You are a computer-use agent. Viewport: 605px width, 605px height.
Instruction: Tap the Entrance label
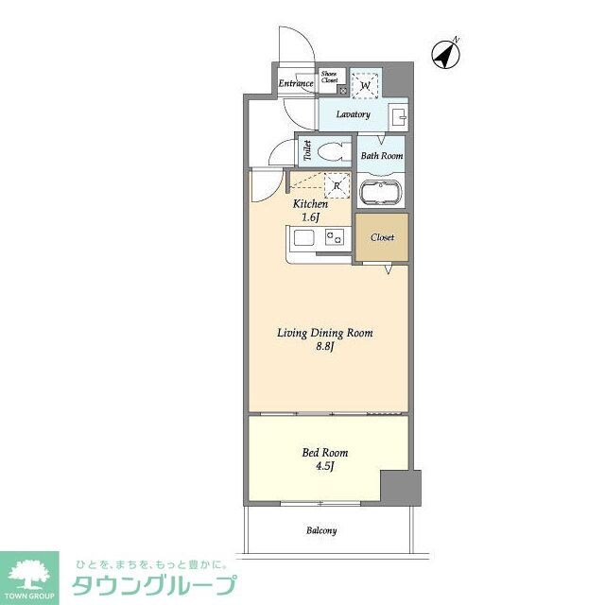296,83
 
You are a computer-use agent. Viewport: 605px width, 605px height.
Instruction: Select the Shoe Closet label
330,78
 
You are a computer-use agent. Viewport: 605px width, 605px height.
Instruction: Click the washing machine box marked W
366,85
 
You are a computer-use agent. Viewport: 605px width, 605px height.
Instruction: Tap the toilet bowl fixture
331,151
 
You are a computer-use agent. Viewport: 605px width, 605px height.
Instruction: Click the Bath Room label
382,156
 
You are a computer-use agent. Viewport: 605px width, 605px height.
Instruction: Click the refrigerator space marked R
337,186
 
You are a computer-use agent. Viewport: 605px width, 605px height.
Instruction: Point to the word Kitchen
310,204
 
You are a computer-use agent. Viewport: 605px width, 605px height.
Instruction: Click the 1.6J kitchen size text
311,217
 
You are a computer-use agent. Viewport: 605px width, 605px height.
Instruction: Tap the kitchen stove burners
334,240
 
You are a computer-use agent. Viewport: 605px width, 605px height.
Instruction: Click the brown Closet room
382,238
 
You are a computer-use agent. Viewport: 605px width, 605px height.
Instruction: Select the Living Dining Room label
324,333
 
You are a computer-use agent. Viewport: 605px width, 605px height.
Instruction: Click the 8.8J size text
325,347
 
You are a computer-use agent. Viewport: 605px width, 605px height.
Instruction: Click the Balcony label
321,530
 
